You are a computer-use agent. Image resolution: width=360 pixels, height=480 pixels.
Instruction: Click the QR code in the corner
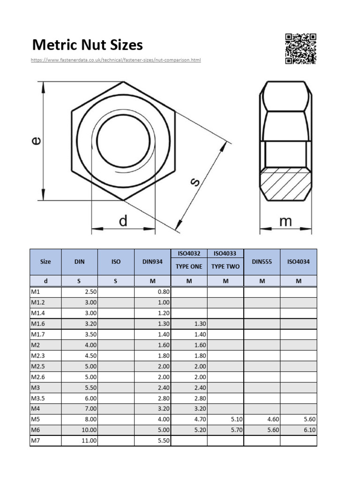click(300, 48)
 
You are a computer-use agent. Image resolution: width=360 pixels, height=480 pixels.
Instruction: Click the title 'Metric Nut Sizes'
click(87, 45)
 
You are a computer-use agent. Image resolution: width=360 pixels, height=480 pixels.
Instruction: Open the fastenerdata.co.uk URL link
click(116, 60)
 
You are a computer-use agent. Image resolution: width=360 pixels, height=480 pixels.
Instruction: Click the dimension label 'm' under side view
click(285, 221)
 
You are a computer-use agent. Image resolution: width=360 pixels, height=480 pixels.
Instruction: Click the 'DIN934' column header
click(152, 262)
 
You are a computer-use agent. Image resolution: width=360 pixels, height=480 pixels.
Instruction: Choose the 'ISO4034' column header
click(299, 262)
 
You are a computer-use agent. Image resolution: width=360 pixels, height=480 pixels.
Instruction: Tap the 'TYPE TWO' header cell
click(225, 266)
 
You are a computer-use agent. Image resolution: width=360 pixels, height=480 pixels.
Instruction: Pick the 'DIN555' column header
click(262, 262)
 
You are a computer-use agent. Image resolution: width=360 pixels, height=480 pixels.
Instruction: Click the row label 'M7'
click(35, 441)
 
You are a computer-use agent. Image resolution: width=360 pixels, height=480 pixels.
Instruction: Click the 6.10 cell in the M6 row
click(308, 429)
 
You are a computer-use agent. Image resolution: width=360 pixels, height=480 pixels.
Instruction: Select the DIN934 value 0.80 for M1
click(163, 291)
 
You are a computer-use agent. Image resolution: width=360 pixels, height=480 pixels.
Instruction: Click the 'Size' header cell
click(45, 262)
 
